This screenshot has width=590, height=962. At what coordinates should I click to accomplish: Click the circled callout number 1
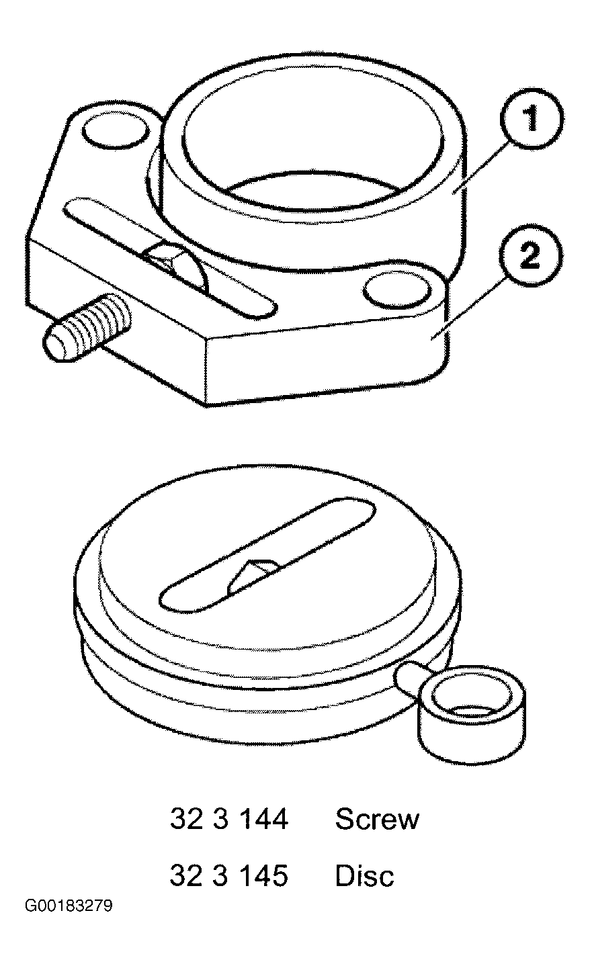pyautogui.click(x=532, y=118)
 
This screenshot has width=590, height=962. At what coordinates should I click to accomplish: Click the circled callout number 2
pyautogui.click(x=530, y=256)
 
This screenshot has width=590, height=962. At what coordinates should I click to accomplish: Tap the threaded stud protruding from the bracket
pyautogui.click(x=87, y=327)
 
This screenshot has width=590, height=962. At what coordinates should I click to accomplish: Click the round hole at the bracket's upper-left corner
pyautogui.click(x=116, y=133)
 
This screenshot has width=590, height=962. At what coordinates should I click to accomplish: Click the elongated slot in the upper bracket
pyautogui.click(x=170, y=258)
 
